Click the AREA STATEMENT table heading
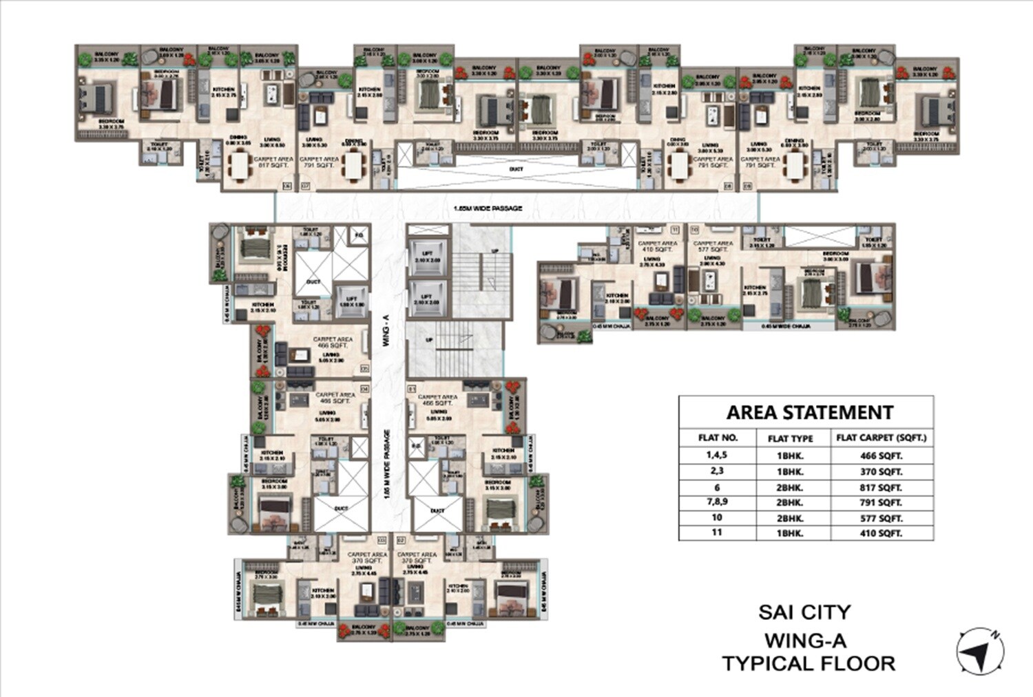[x=809, y=413]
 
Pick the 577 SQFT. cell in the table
[x=881, y=519]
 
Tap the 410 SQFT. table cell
[x=881, y=533]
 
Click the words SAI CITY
[x=804, y=612]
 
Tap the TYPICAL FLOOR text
[x=808, y=664]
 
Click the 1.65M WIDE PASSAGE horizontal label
[x=488, y=208]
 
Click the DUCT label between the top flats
[x=516, y=169]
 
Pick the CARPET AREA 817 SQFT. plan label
[x=273, y=162]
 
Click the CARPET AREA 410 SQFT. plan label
[x=658, y=246]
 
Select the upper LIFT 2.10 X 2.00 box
[x=426, y=257]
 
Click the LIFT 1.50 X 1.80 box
[x=351, y=301]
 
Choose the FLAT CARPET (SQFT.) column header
[x=881, y=438]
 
